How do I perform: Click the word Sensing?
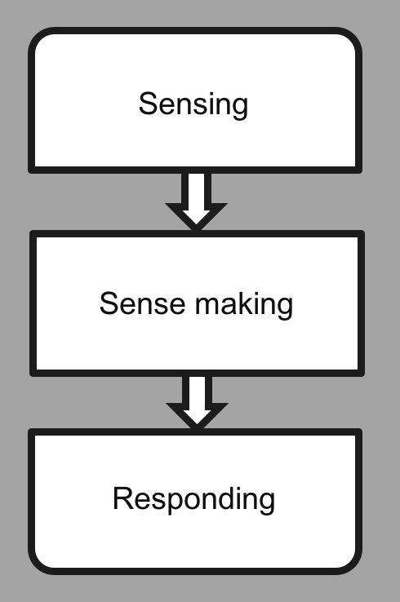pyautogui.click(x=193, y=104)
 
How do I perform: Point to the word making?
pyautogui.click(x=244, y=304)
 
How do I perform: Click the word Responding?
pyautogui.click(x=193, y=498)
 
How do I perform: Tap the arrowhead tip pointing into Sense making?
pyautogui.click(x=196, y=228)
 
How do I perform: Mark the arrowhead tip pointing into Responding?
pyautogui.click(x=196, y=427)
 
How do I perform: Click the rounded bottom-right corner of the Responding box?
pyautogui.click(x=352, y=563)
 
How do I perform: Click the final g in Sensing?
pyautogui.click(x=239, y=107)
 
